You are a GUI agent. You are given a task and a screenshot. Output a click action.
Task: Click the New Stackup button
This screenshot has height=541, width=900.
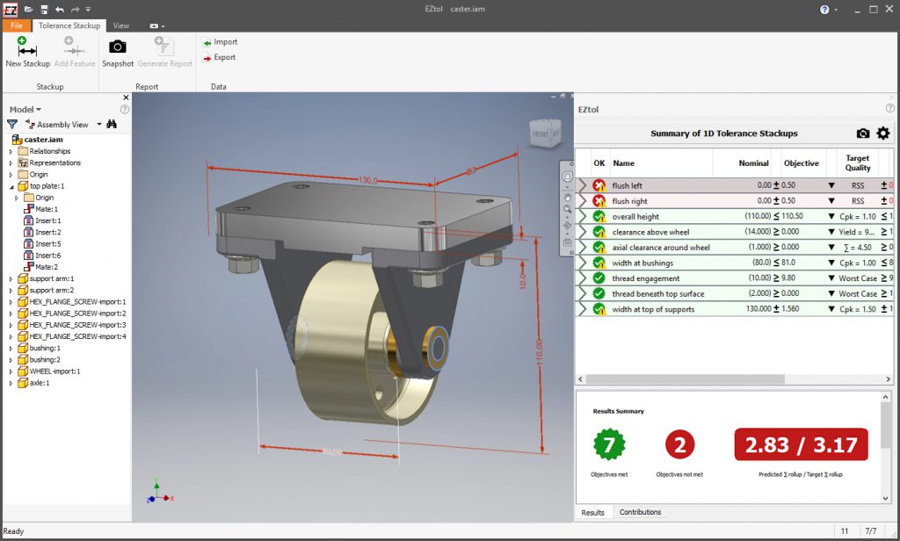point(27,53)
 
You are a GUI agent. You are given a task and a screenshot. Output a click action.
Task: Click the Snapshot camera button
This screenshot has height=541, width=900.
point(117,53)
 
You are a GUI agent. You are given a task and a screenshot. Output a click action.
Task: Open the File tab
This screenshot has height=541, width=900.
point(17,26)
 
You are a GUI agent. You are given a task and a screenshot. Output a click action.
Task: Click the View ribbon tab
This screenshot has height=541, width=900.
point(121,26)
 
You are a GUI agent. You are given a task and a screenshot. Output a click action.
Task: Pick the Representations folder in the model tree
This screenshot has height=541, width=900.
point(54,162)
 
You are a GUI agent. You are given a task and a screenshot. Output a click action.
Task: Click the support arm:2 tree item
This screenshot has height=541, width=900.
point(52,290)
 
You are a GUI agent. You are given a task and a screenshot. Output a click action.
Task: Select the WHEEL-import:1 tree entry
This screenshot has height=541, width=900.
point(54,371)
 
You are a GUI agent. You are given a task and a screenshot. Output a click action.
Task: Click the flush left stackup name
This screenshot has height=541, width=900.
point(628,186)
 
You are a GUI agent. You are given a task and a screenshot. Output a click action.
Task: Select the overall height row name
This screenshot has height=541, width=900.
point(635,217)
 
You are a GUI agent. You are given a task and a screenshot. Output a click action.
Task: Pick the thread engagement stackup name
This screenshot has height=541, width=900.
point(646,278)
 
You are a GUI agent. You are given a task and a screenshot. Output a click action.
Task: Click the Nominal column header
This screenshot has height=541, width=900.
point(752,163)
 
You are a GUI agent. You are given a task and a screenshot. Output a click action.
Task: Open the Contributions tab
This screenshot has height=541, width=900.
point(640,512)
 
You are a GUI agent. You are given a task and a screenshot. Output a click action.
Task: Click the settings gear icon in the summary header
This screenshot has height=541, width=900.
point(883,133)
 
